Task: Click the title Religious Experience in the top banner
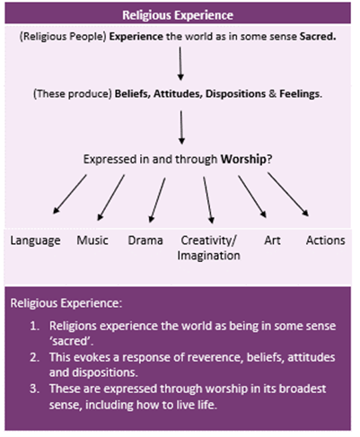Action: click(x=178, y=15)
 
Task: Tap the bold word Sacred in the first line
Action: click(x=318, y=37)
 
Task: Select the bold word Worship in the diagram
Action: click(x=243, y=159)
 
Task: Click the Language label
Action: click(x=35, y=240)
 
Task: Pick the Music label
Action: click(x=92, y=240)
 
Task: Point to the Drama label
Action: click(x=145, y=240)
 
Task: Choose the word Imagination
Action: click(x=208, y=256)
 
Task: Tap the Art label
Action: click(x=272, y=240)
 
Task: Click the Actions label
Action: click(x=325, y=240)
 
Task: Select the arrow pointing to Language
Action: click(x=70, y=194)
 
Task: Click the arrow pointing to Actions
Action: click(x=288, y=194)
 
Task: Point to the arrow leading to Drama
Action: click(x=157, y=200)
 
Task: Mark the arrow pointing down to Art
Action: click(x=252, y=197)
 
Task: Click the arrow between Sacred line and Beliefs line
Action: click(x=180, y=64)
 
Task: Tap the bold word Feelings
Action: click(x=299, y=94)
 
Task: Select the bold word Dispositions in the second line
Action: click(x=235, y=94)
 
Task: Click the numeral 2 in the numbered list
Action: click(x=34, y=357)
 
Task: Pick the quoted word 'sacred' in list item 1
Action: click(x=71, y=341)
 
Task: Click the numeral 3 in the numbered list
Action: click(x=34, y=389)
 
